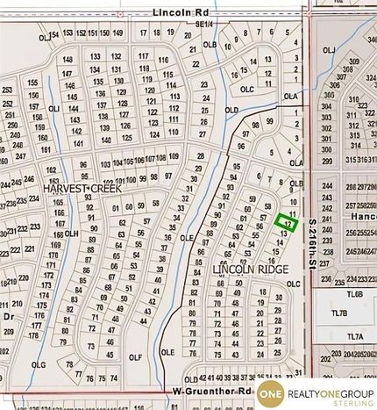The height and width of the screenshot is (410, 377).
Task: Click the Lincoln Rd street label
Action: click(178, 12)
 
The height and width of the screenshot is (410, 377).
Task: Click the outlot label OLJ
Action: click(329, 50)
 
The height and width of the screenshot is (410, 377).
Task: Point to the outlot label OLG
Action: click(39, 364)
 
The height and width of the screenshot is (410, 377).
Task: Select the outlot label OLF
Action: click(134, 358)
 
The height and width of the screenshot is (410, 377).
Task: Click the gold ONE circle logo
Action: click(270, 397)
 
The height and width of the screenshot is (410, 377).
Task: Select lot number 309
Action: click(352, 67)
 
